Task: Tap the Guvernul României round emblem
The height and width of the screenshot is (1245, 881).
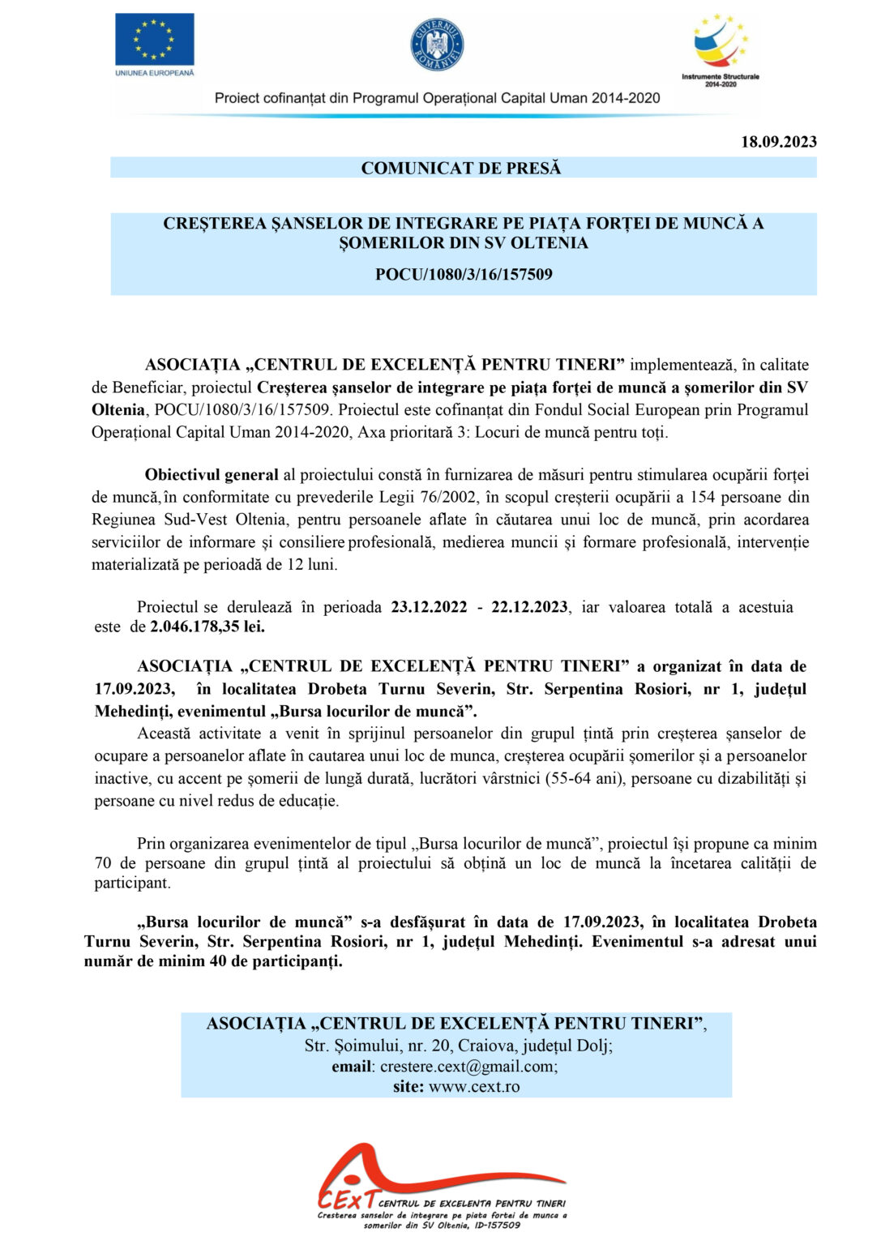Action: point(437,44)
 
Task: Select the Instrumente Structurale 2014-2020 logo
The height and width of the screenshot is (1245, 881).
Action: point(720,49)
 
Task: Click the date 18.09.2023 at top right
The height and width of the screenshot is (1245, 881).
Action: point(778,142)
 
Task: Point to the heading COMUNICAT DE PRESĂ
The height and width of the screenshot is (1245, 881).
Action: point(460,168)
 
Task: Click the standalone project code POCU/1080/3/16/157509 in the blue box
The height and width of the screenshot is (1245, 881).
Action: point(464,274)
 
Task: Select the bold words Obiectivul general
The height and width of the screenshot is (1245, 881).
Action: point(211,475)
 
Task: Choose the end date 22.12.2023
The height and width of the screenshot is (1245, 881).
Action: point(529,607)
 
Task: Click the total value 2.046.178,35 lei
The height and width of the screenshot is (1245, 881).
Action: point(207,627)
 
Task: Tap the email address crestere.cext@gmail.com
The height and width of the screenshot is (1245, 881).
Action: point(468,1067)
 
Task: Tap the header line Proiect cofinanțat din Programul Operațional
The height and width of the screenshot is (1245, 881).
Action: point(437,98)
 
